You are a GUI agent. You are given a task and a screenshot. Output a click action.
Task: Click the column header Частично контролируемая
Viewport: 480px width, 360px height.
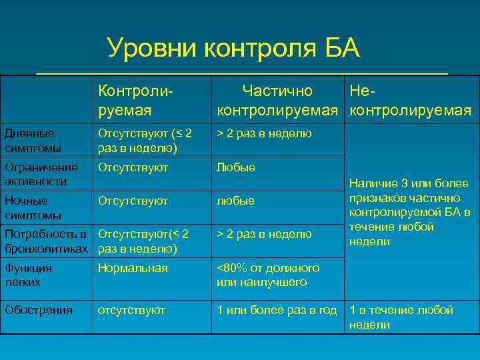[x=278, y=99]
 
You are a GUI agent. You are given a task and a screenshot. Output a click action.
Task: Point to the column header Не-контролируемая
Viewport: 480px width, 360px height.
[x=410, y=99]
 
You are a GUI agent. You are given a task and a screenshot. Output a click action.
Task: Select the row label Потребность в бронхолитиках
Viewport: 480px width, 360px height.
[x=46, y=241]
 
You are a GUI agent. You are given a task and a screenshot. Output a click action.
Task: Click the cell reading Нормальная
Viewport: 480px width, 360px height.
[x=133, y=268]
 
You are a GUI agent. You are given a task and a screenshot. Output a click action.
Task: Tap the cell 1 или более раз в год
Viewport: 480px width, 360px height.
[x=277, y=310]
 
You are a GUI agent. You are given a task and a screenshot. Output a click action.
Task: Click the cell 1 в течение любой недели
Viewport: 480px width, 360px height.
[x=401, y=317]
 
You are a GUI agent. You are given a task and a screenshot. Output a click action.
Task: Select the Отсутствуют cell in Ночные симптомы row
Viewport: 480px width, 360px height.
[x=133, y=201]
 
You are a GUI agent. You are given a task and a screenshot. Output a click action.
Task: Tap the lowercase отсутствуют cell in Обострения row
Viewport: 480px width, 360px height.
[x=131, y=310]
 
